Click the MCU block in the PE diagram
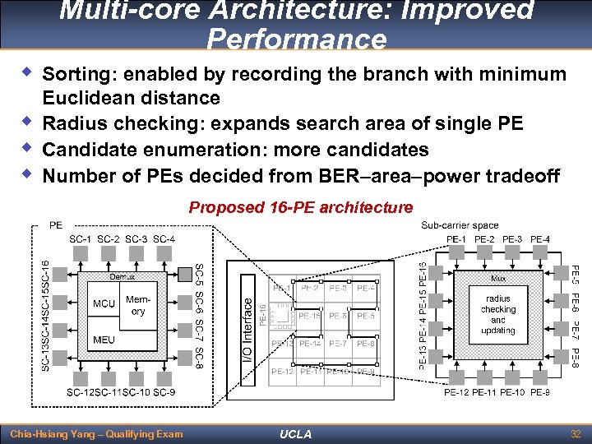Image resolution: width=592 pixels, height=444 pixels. pyautogui.click(x=104, y=304)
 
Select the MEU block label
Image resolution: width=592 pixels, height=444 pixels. pyautogui.click(x=104, y=340)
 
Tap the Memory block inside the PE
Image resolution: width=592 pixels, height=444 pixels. pyautogui.click(x=138, y=306)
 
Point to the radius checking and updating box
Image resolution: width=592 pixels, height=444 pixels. pyautogui.click(x=497, y=314)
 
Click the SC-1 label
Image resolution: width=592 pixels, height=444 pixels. pyautogui.click(x=81, y=239)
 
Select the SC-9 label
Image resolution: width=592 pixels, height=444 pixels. pyautogui.click(x=164, y=392)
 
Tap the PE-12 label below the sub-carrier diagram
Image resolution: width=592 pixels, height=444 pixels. pyautogui.click(x=456, y=392)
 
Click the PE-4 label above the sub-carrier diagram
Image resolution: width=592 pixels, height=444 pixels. pyautogui.click(x=540, y=239)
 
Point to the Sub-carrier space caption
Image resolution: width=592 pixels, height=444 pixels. pyautogui.click(x=460, y=225)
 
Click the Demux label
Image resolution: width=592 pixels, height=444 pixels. pyautogui.click(x=123, y=277)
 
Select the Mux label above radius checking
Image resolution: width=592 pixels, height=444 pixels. pyautogui.click(x=498, y=280)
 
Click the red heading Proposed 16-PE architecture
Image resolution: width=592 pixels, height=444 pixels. pyautogui.click(x=300, y=207)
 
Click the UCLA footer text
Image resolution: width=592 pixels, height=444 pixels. pyautogui.click(x=296, y=434)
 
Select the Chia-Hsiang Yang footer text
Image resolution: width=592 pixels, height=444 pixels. pyautogui.click(x=95, y=433)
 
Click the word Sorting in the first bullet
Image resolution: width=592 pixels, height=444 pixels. pyautogui.click(x=76, y=74)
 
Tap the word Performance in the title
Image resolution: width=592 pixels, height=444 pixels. pyautogui.click(x=296, y=39)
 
